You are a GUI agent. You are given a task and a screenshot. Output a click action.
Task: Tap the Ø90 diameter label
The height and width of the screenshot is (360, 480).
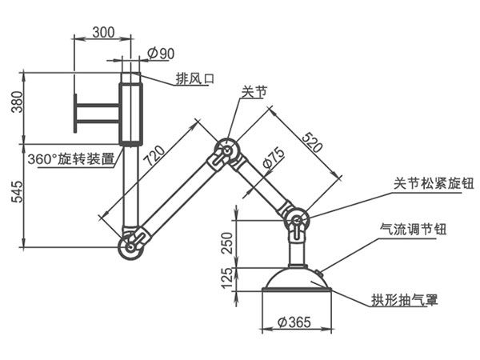click(x=162, y=54)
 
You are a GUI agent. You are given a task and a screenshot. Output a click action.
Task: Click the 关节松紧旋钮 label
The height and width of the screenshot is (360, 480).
click(x=434, y=184)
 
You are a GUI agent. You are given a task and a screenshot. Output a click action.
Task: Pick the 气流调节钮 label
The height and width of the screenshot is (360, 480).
click(x=413, y=230)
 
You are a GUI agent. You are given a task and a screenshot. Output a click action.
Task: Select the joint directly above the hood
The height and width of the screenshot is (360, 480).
click(x=295, y=222)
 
